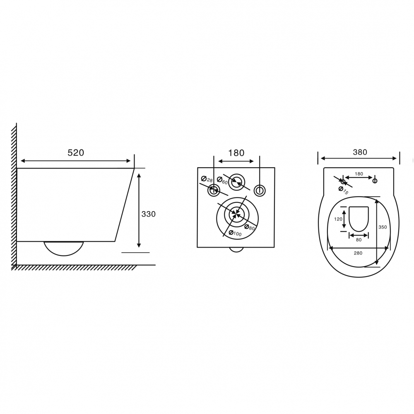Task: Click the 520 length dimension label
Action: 76,153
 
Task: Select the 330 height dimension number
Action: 149,214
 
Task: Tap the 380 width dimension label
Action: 360,152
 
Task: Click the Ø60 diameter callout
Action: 222,181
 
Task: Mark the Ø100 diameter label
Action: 235,233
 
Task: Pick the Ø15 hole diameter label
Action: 344,190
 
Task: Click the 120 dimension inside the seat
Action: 338,219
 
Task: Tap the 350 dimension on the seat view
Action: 383,227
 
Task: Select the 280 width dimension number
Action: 358,253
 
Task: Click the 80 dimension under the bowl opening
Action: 359,240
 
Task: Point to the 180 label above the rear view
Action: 236,153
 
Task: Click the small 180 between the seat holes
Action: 359,174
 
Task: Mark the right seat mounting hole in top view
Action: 375,180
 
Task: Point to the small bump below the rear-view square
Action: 236,250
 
